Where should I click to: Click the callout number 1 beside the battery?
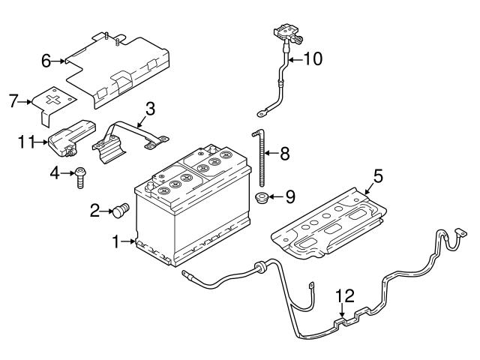(115, 242)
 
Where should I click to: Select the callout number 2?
(94, 211)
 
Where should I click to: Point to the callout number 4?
(55, 174)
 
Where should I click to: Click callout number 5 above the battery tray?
(378, 177)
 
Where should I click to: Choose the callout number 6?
(46, 61)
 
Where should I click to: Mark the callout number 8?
(284, 155)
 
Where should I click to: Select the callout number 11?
(27, 140)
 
